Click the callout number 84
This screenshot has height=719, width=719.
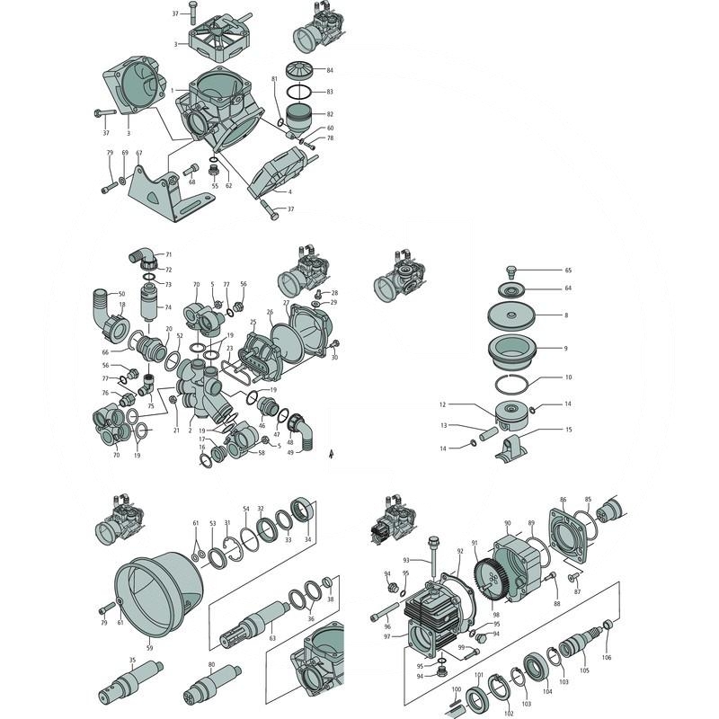pos(331,70)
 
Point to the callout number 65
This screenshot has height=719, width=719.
pos(568,270)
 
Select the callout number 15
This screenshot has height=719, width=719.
pos(568,430)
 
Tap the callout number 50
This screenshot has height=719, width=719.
pos(122,294)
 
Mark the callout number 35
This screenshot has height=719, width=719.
pos(132,661)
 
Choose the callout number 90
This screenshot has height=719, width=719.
pos(507,522)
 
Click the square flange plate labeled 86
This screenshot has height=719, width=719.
pos(565,538)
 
